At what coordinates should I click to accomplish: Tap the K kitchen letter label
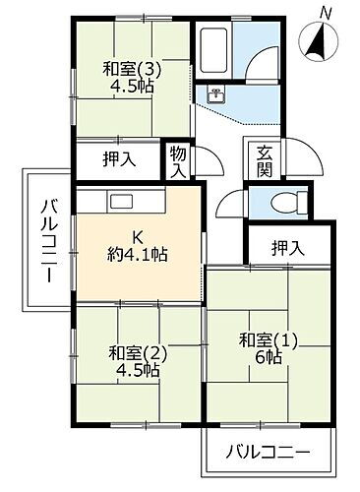(x=138, y=237)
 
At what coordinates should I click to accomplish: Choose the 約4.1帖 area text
(x=138, y=255)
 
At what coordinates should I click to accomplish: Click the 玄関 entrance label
(x=265, y=161)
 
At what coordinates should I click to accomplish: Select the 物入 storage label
(x=177, y=161)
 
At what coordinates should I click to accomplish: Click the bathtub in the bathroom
(x=213, y=48)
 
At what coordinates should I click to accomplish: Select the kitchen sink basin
(x=121, y=201)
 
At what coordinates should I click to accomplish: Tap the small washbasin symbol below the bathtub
(x=214, y=94)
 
